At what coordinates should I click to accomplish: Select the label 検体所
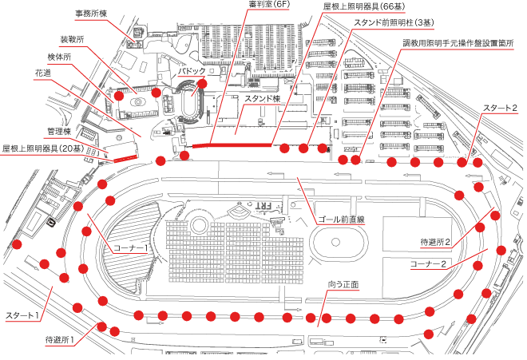[59, 57]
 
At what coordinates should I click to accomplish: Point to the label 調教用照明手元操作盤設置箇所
[458, 42]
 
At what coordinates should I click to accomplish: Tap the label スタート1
[23, 315]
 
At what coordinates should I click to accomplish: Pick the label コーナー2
[427, 262]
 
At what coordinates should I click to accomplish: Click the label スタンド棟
[263, 98]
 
